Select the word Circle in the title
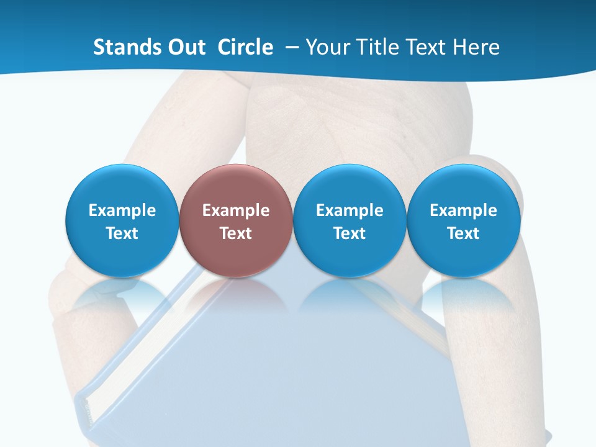(x=245, y=47)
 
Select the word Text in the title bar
(x=426, y=47)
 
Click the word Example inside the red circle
(x=236, y=210)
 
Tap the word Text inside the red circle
(x=236, y=233)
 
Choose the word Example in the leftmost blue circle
(x=122, y=210)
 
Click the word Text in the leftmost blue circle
(x=122, y=233)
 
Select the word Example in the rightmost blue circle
(x=463, y=210)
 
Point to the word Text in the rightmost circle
(x=463, y=233)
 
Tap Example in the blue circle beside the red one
(x=350, y=210)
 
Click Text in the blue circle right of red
(x=350, y=233)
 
